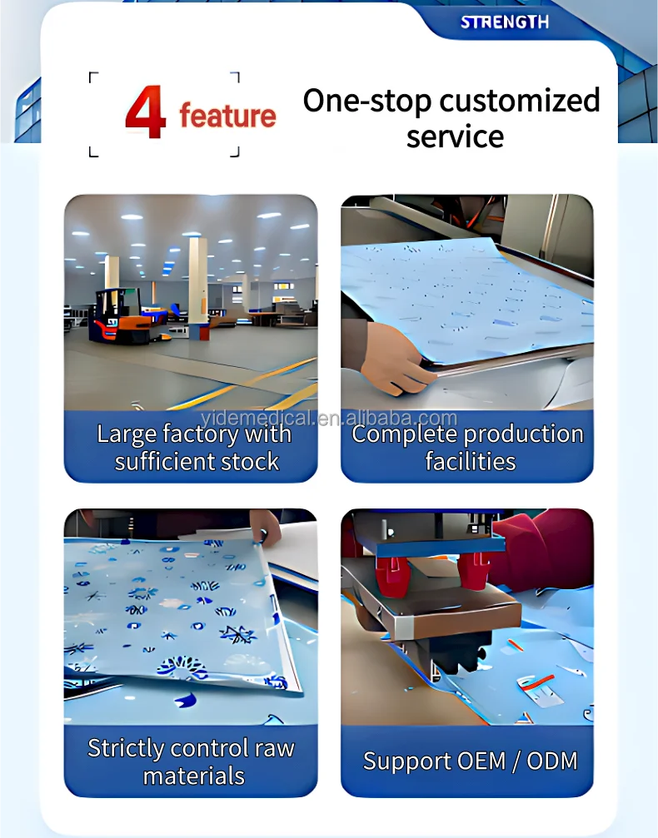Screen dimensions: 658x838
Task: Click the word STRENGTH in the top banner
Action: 505,22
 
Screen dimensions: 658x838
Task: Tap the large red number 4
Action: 146,112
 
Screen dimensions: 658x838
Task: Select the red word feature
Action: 228,116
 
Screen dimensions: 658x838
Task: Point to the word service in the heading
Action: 455,136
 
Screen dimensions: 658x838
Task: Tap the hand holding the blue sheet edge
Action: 397,359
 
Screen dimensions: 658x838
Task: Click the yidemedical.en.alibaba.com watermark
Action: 329,418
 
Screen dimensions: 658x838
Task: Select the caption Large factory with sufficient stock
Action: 195,448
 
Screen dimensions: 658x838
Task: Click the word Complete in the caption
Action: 400,434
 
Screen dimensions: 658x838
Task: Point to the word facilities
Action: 471,461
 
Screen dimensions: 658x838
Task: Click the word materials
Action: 194,776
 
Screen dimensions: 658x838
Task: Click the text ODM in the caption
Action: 552,761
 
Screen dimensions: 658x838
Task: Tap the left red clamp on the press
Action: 393,576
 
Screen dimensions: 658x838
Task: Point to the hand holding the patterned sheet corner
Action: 266,527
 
